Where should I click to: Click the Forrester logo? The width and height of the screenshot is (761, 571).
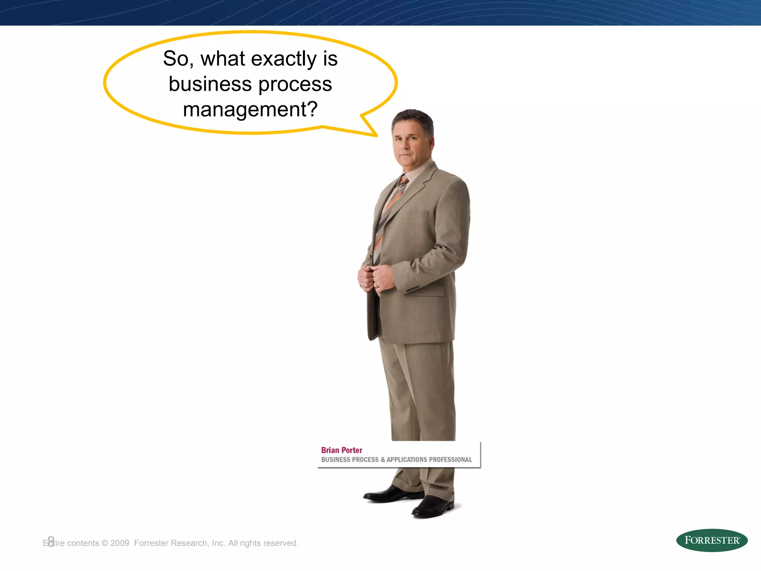pos(712,540)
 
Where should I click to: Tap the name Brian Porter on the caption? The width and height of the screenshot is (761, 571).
pos(341,450)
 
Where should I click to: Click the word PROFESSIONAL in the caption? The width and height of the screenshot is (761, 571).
pos(450,460)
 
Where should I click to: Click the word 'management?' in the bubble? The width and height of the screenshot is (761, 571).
pos(250,109)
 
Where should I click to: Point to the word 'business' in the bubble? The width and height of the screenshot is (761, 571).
pos(210,84)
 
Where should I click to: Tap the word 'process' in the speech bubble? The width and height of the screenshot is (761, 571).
pos(295,85)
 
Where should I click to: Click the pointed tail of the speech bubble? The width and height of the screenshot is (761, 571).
pos(370,128)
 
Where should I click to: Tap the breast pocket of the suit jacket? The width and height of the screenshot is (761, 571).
pos(417,214)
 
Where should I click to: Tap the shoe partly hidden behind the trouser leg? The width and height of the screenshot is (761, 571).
pos(390,494)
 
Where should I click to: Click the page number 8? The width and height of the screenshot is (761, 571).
pos(51,541)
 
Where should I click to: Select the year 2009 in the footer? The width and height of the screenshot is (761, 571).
pos(120,543)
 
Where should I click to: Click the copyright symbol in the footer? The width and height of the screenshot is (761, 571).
pos(104,543)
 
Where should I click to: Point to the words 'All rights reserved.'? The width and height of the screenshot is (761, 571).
pos(263,543)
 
